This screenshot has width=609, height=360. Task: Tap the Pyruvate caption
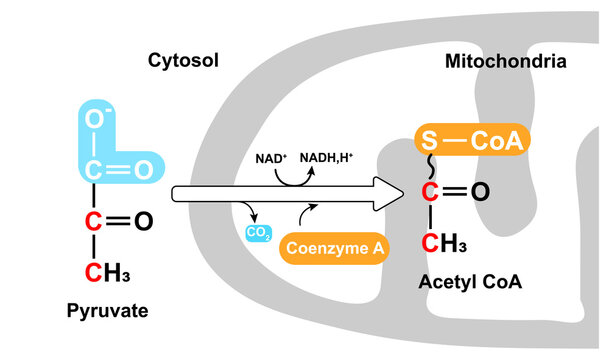pyautogui.click(x=107, y=311)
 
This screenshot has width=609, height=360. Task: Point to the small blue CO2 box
pyautogui.click(x=258, y=234)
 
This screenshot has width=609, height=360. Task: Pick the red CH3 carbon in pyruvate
pyautogui.click(x=92, y=271)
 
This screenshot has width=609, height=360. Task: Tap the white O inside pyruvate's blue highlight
pyautogui.click(x=142, y=171)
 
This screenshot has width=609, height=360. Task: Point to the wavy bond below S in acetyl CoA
pyautogui.click(x=431, y=167)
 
